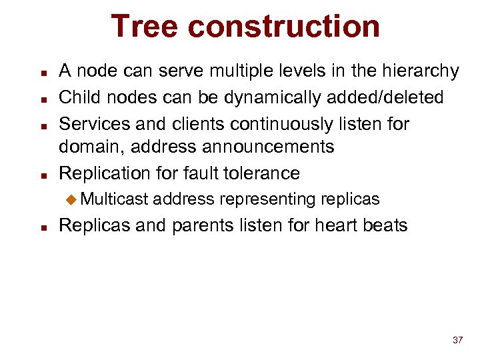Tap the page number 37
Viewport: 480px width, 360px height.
457,340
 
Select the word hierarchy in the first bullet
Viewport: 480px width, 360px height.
418,71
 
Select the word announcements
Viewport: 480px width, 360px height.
275,147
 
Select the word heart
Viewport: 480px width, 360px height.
332,225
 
